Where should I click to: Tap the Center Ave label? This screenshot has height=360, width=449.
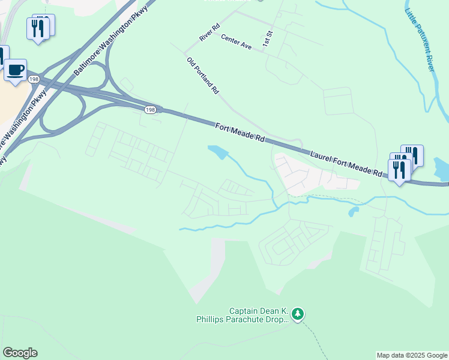[x=235, y=41]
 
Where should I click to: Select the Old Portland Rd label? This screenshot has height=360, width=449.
[x=203, y=76]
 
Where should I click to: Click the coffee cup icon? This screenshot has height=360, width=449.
[x=16, y=70]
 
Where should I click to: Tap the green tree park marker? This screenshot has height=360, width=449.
[x=298, y=313]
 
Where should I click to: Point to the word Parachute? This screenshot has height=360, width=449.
[x=253, y=320]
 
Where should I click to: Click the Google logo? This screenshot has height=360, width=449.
[x=20, y=353]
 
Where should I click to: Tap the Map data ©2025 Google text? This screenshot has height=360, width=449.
[x=411, y=355]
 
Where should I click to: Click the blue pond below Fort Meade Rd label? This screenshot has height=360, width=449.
[x=217, y=152]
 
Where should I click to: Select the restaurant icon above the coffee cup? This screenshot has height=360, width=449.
[x=37, y=28]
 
